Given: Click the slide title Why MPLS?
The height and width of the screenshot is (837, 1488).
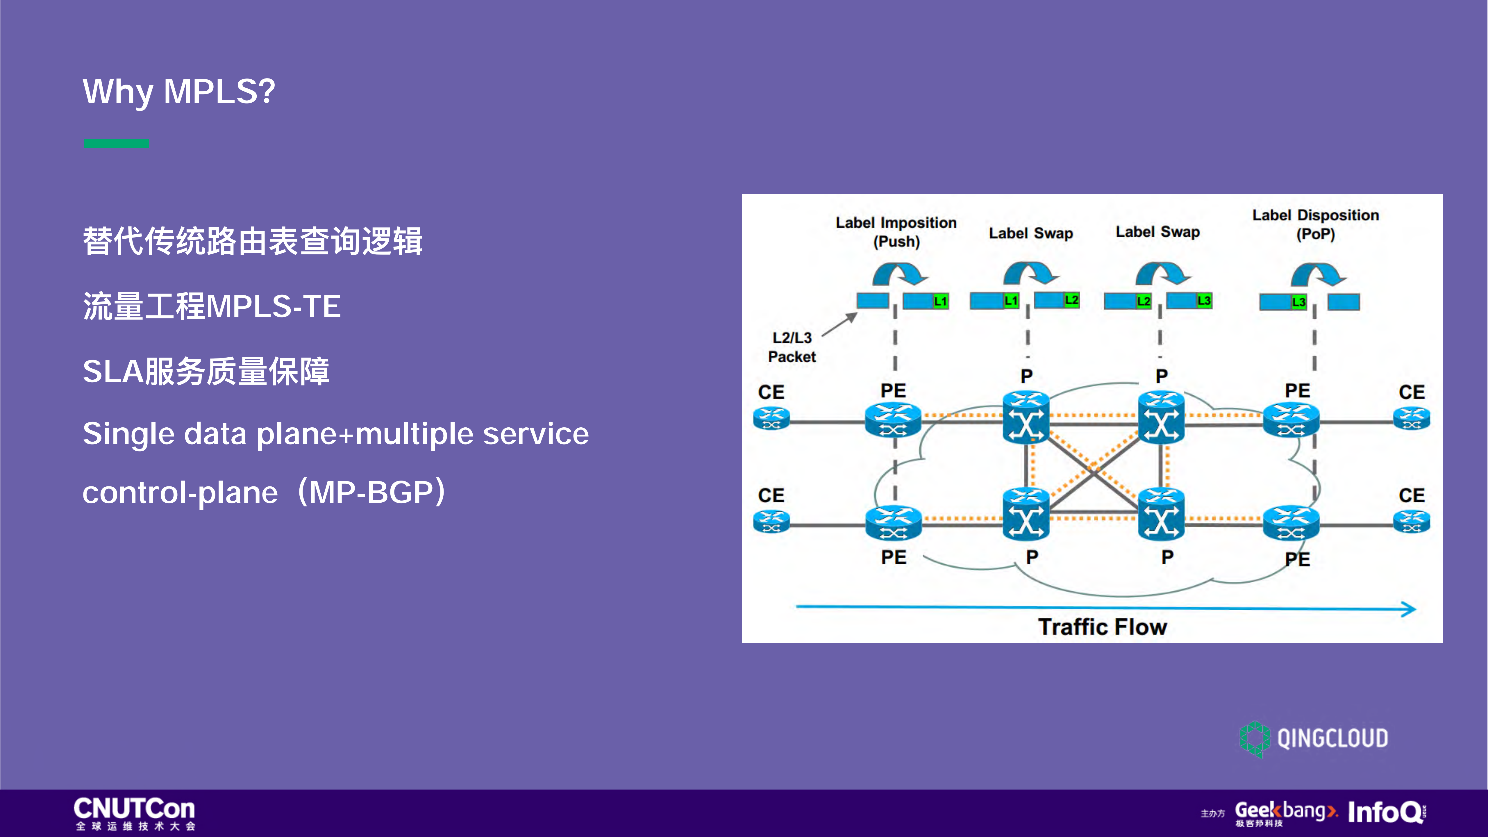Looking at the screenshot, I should [179, 91].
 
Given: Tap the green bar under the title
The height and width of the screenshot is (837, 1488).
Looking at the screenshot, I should [116, 143].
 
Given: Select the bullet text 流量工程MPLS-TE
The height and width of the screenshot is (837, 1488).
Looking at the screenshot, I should [211, 306].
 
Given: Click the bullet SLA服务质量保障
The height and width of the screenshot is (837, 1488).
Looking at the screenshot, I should [206, 371].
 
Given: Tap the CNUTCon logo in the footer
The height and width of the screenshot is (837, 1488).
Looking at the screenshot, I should [135, 813].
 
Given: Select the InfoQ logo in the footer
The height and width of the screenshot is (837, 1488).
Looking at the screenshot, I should [1386, 812].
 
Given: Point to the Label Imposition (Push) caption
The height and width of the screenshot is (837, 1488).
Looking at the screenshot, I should [896, 232].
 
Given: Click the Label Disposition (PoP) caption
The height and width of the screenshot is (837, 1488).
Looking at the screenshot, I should [1315, 224].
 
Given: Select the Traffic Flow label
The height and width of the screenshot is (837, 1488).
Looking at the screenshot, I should [1102, 627].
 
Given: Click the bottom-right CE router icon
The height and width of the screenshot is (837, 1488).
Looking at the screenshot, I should [1412, 522].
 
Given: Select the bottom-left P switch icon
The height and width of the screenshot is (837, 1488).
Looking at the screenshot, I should [1026, 514].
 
